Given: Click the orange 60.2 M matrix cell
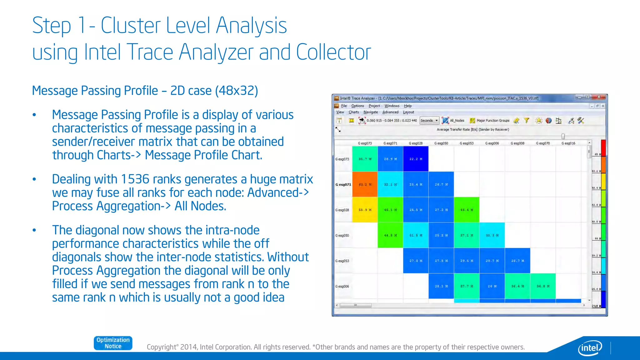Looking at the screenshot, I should tap(365, 184).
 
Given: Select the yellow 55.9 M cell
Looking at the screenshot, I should tap(365, 210).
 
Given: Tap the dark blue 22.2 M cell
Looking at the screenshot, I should tap(416, 159).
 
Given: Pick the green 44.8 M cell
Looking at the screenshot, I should tap(390, 235).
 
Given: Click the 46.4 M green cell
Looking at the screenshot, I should tap(467, 210).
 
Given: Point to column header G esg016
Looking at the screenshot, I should tap(568, 143).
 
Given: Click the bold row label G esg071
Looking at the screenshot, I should tap(343, 185).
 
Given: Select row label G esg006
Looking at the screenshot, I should tap(342, 287).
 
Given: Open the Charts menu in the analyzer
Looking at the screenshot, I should tap(354, 112).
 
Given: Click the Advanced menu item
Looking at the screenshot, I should tap(390, 112).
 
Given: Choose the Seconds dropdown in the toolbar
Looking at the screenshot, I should tap(429, 121).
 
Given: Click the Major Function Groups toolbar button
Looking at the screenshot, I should tap(490, 121).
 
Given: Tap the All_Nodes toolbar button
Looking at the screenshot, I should tap(453, 121).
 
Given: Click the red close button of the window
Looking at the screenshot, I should tap(599, 97).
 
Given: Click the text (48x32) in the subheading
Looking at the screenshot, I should tap(237, 91).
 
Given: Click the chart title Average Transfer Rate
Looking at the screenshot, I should tap(472, 129).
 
